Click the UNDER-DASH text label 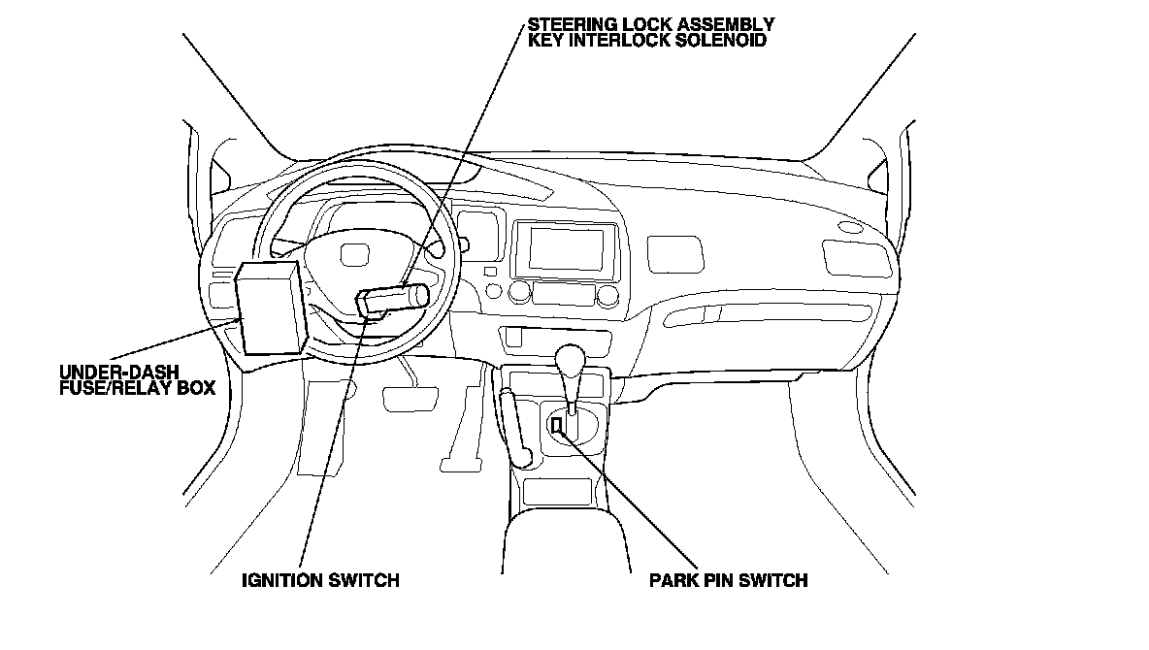108,372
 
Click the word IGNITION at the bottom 281,581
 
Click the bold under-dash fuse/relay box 271,306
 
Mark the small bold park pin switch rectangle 557,425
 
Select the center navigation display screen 567,248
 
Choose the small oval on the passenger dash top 851,228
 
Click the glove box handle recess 849,257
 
